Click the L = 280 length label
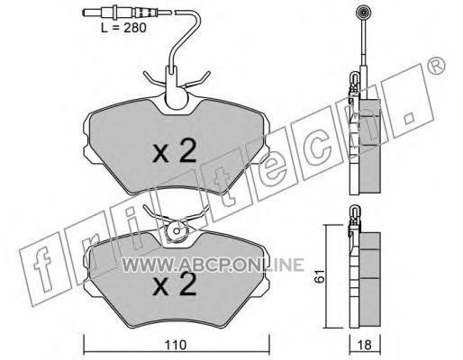(x=123, y=28)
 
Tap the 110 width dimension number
(x=176, y=345)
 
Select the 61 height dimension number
(x=320, y=276)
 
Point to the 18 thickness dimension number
(x=365, y=345)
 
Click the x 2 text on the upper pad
(x=175, y=151)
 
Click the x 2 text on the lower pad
(x=175, y=284)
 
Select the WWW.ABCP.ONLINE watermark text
(x=213, y=265)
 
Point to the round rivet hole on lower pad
(x=177, y=231)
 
